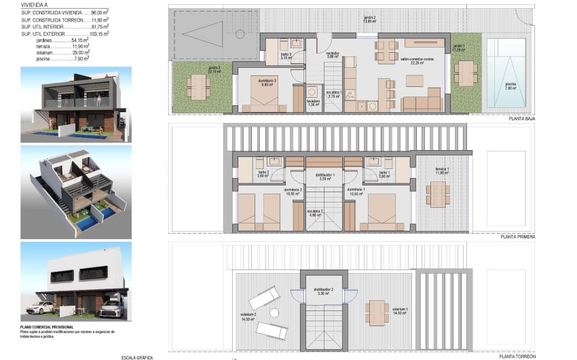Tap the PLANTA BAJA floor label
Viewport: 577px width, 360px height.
coord(521,118)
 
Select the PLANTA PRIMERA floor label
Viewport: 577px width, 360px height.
coord(517,237)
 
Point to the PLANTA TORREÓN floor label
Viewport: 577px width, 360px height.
coord(517,356)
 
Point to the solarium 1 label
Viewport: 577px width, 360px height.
coord(400,310)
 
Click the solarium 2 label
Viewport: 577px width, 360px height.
coord(247,317)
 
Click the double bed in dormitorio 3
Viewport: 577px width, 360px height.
coord(263,100)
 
